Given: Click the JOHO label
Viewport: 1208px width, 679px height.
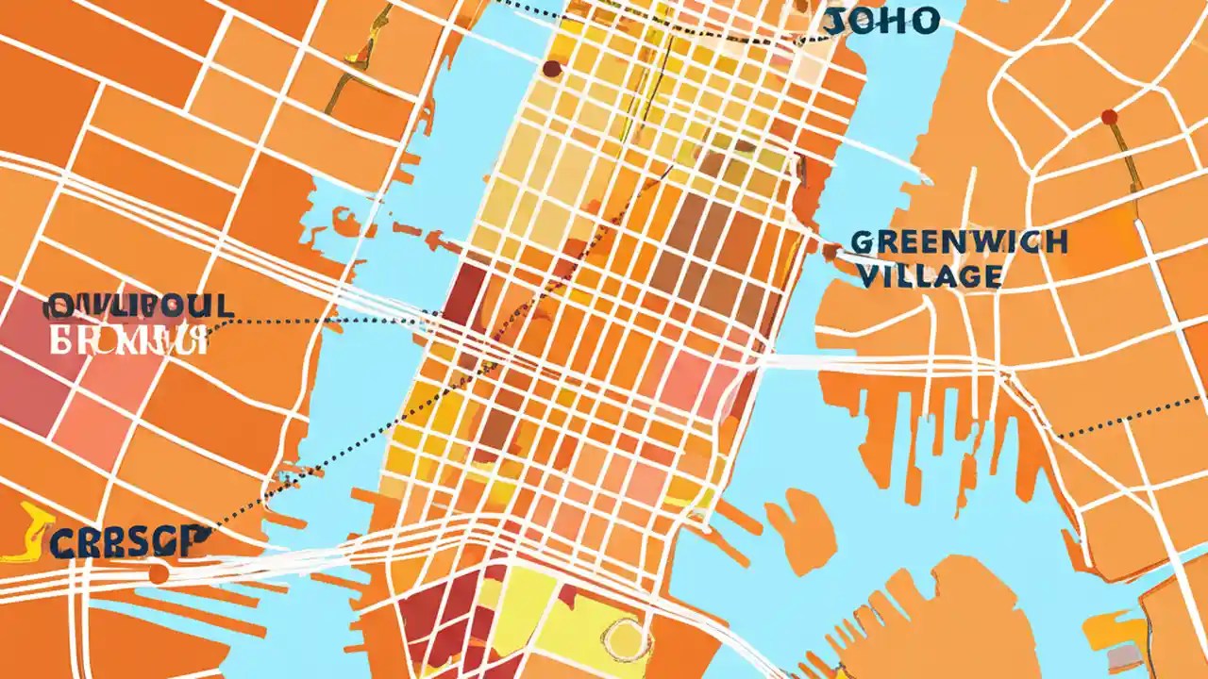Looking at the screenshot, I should tap(881, 21).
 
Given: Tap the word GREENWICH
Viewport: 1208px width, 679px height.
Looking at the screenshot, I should tap(959, 242).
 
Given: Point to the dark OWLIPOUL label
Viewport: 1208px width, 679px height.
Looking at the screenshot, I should tap(138, 306).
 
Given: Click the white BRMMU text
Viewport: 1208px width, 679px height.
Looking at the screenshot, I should tap(128, 339).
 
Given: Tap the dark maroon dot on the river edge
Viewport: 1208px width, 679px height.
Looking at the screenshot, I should tap(551, 68).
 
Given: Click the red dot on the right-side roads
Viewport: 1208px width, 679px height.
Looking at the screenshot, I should tap(1109, 117).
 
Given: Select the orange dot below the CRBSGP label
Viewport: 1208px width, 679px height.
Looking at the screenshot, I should tap(159, 573).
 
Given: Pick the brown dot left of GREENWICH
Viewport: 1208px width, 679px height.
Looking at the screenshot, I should tap(831, 251).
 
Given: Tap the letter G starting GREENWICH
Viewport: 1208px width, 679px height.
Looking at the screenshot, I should tap(862, 243).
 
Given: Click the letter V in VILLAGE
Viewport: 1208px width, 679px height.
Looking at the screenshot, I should tap(862, 275).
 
